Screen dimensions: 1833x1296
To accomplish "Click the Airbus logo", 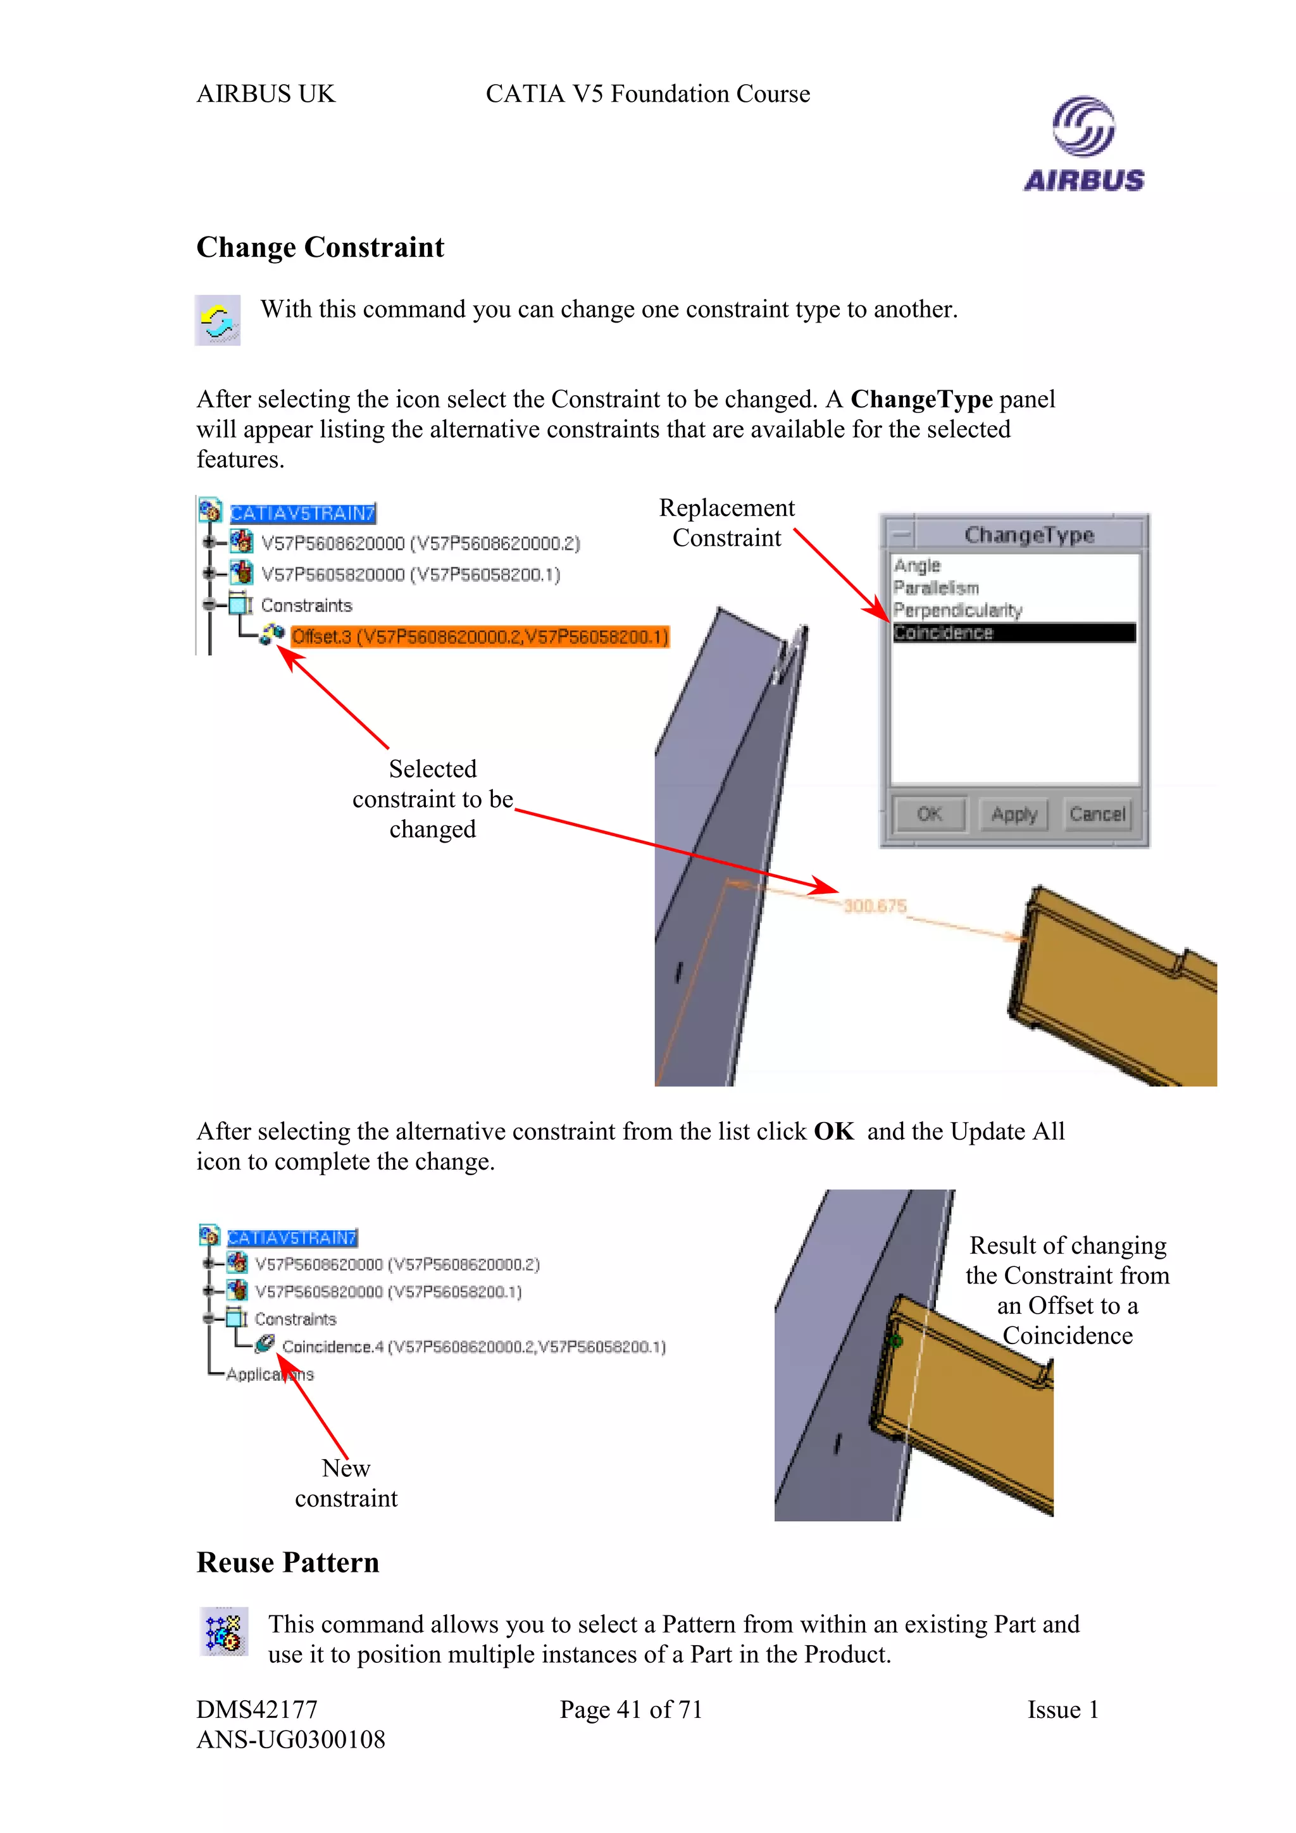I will click(x=1083, y=144).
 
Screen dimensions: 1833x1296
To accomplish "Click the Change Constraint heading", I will click(x=320, y=247).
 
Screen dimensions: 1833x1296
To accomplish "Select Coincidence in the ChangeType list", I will click(x=1012, y=633).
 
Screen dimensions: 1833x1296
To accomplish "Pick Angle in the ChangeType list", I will click(x=918, y=565).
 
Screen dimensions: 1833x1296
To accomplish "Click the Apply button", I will click(x=1013, y=814).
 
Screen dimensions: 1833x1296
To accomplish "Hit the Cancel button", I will click(x=1097, y=814).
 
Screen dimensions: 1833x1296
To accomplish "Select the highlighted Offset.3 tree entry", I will click(x=479, y=636).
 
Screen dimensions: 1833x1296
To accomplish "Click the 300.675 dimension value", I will click(x=875, y=905).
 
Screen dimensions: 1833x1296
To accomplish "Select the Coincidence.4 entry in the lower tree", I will click(x=473, y=1347).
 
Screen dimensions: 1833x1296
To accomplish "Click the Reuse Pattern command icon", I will click(x=223, y=1632).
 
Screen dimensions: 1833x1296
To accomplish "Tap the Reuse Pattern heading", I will click(x=287, y=1562).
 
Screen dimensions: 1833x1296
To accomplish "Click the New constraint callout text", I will click(x=346, y=1483).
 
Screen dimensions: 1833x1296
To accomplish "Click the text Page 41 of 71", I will click(x=630, y=1709).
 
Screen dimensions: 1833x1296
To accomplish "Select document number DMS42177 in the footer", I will click(x=257, y=1709).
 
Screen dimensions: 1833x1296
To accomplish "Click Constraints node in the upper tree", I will click(x=306, y=605).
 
